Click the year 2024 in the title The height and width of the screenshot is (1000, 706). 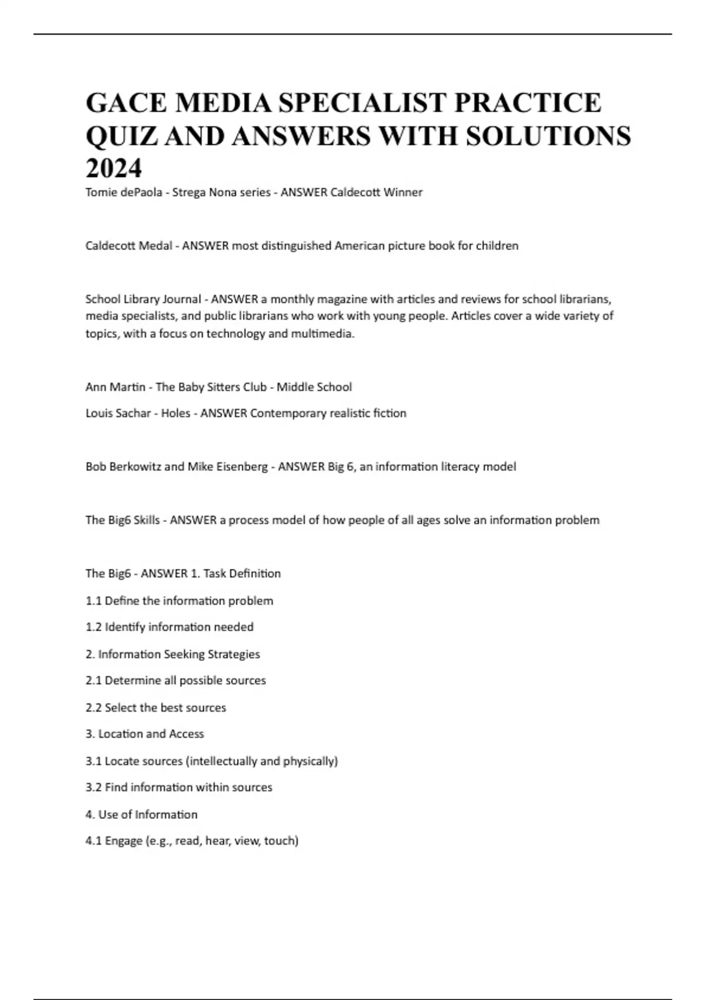pyautogui.click(x=114, y=169)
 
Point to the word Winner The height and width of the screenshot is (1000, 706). pyautogui.click(x=403, y=192)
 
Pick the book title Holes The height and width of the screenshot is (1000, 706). pyautogui.click(x=175, y=414)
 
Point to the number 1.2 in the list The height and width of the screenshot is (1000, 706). pyautogui.click(x=94, y=627)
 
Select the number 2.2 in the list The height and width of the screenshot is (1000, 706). pyautogui.click(x=94, y=708)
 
